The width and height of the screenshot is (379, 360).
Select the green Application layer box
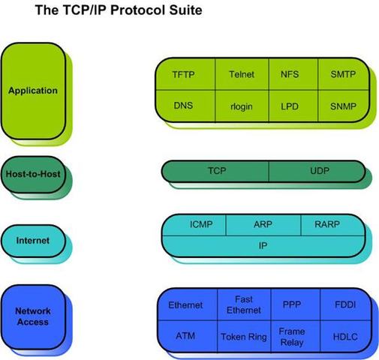pos(32,91)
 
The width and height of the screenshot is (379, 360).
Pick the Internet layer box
pos(32,241)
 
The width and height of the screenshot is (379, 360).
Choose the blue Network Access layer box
pos(32,316)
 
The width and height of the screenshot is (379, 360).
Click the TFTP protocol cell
pos(183,74)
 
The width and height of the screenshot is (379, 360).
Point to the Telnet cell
pos(242,74)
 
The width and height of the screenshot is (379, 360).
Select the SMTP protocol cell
pos(342,74)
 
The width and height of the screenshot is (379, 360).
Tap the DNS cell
pos(183,106)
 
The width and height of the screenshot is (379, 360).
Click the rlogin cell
pos(242,106)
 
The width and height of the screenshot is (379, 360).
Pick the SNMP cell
pos(342,106)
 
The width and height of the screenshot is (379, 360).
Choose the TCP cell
pos(216,171)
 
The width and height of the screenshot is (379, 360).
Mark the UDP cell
pos(319,171)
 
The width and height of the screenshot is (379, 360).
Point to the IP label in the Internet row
pos(263,244)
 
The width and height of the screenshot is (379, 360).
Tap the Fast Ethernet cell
pos(243,304)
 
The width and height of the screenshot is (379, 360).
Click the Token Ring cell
pos(243,337)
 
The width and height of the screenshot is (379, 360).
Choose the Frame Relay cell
pos(291,337)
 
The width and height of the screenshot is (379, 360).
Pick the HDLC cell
pos(346,337)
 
